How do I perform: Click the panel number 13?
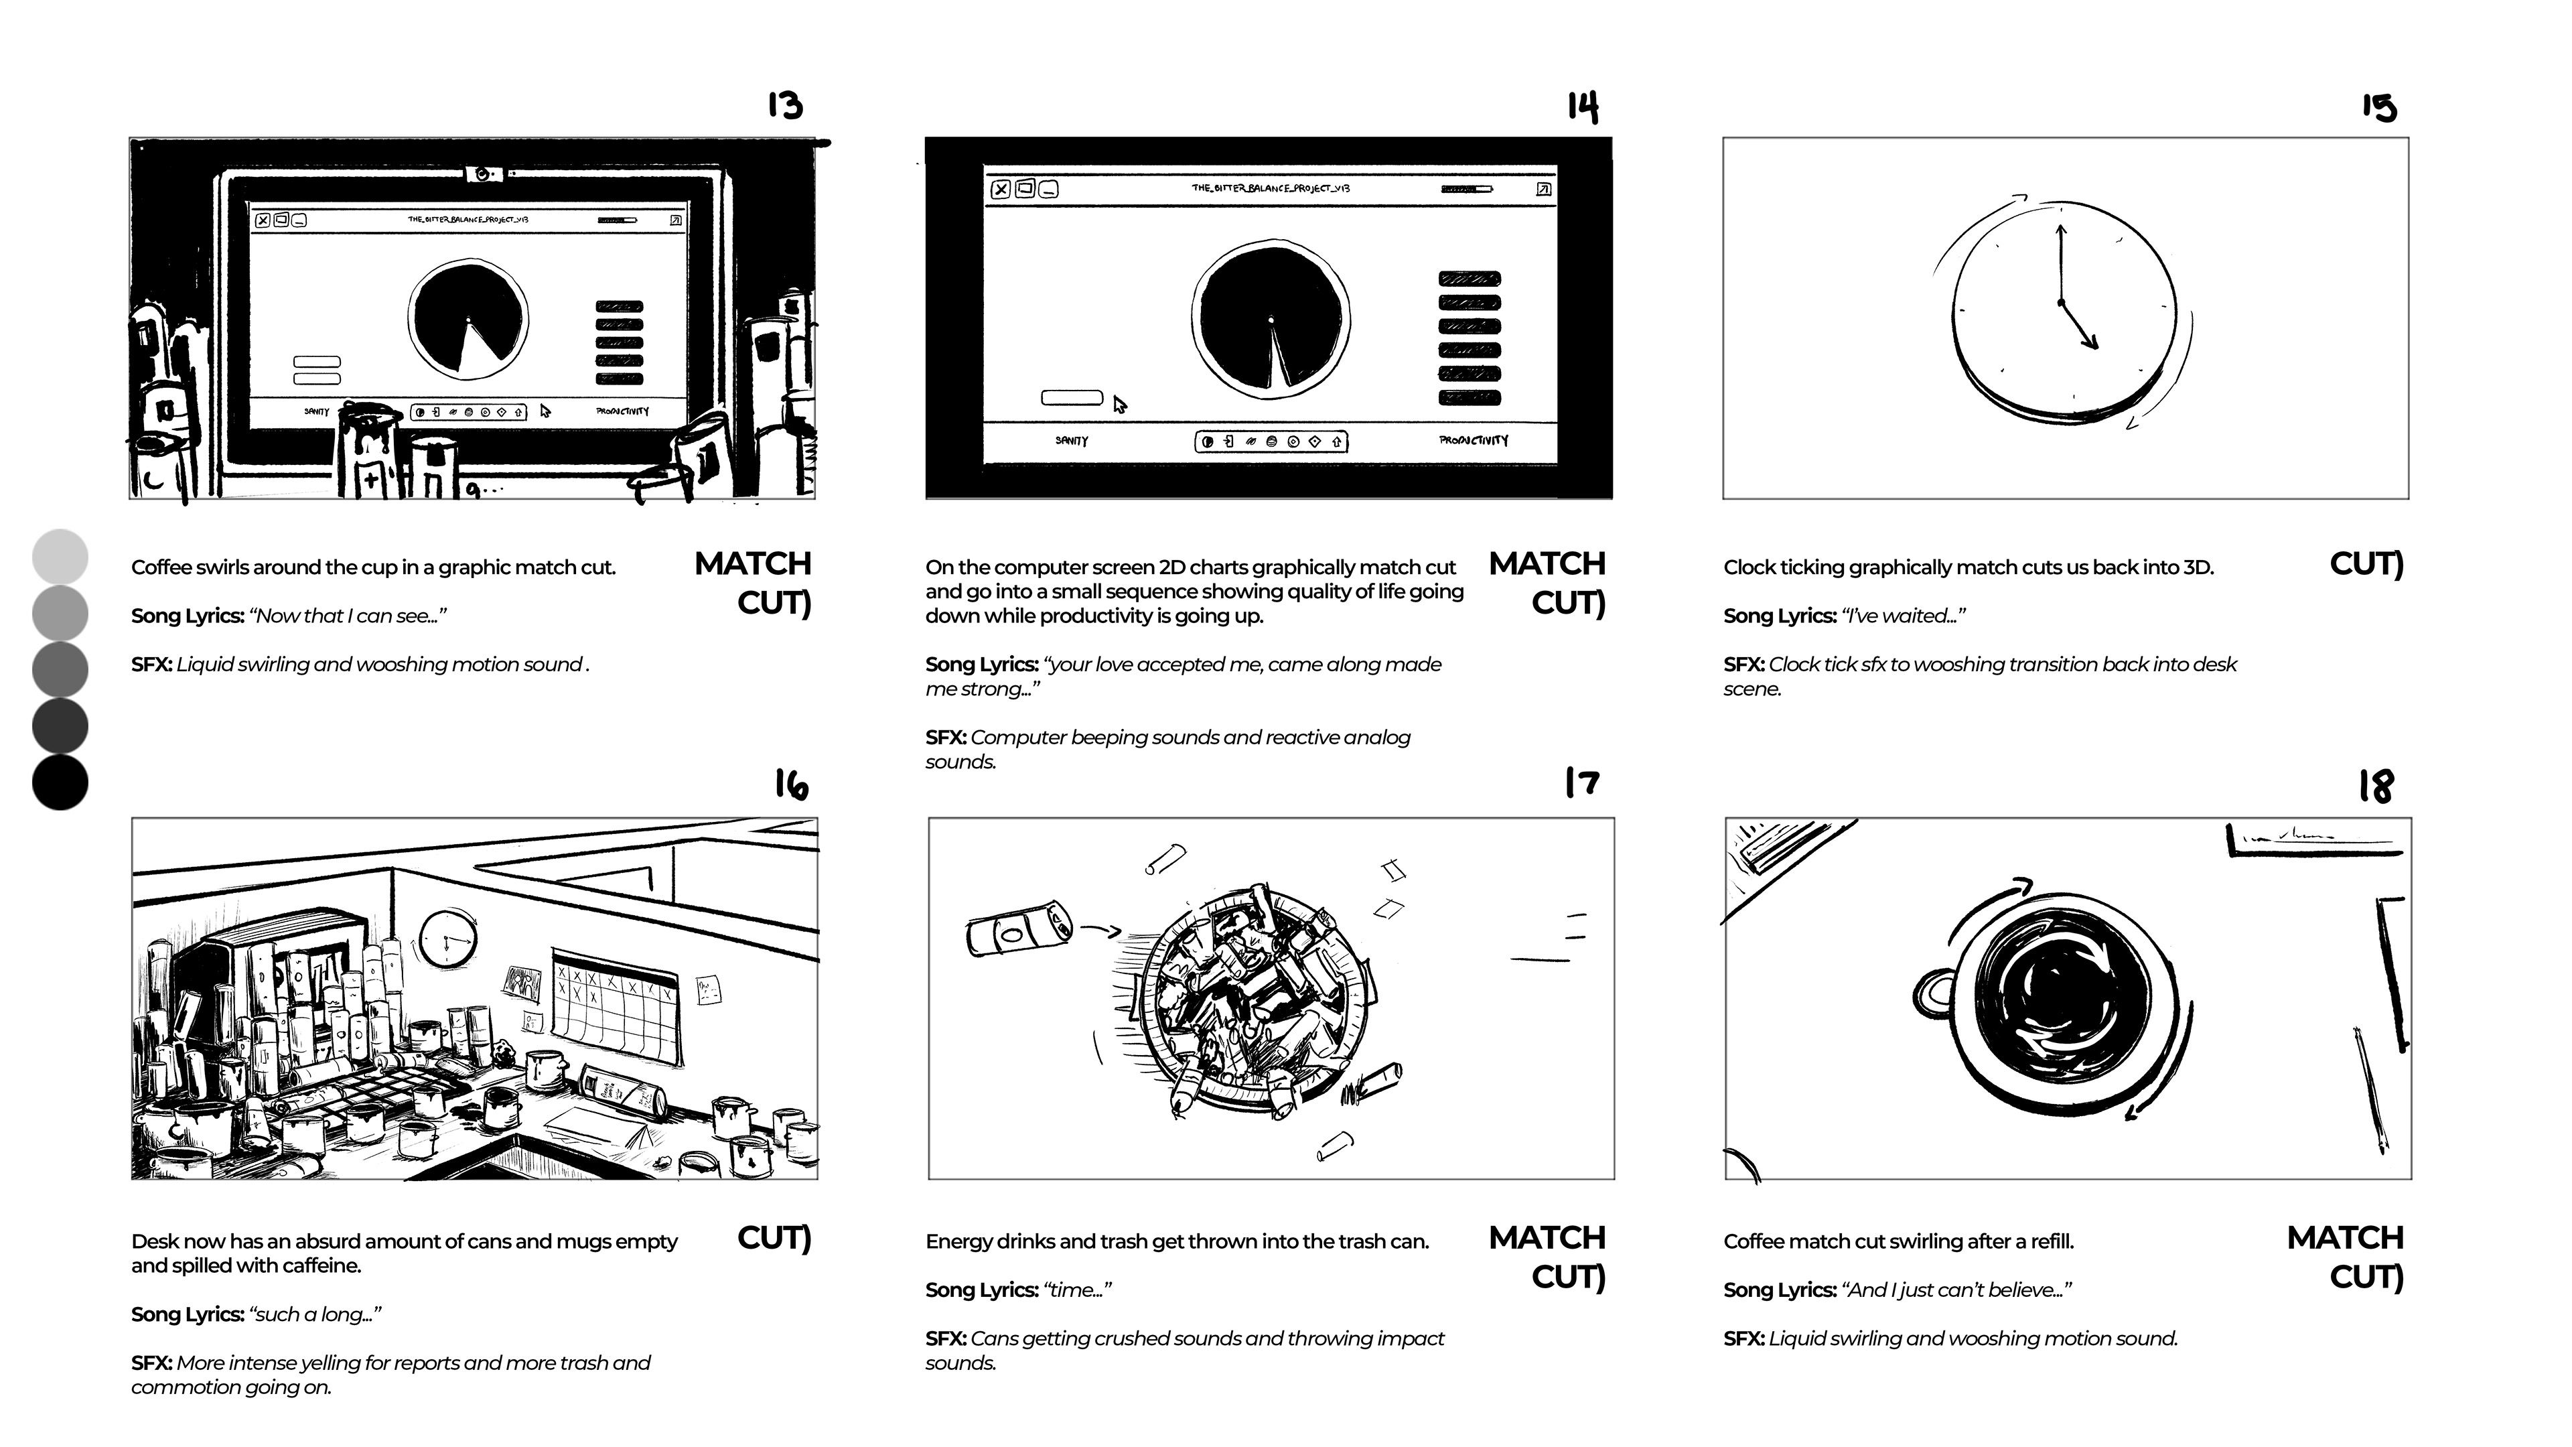click(x=785, y=105)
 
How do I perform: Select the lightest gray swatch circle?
click(x=60, y=556)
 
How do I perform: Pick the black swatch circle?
click(x=60, y=782)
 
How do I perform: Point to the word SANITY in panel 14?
click(x=1072, y=440)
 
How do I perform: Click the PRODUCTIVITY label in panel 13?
click(x=622, y=411)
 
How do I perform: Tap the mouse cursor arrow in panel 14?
click(x=1119, y=405)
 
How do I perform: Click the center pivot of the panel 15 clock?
click(x=2060, y=301)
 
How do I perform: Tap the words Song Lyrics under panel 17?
click(x=981, y=1290)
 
